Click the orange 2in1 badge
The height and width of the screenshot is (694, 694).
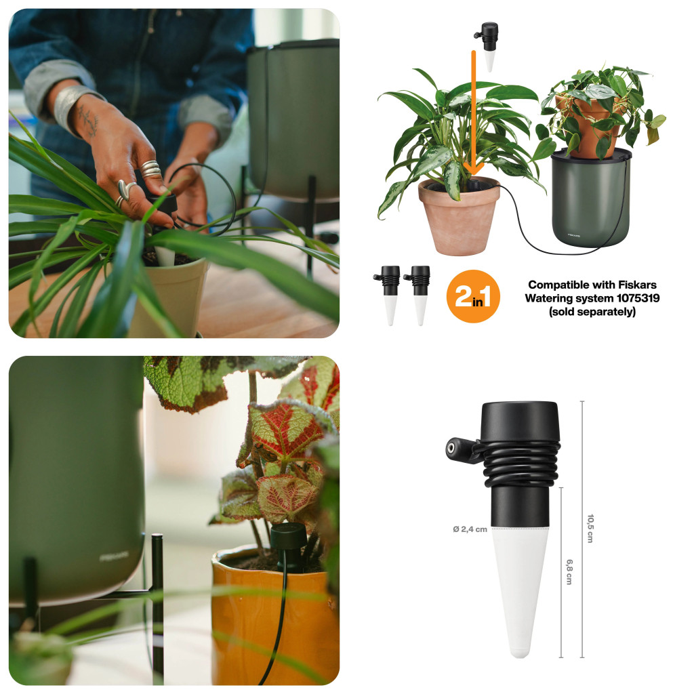click(x=472, y=296)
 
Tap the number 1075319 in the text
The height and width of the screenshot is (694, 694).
click(x=638, y=298)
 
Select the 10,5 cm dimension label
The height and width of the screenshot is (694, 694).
click(x=590, y=529)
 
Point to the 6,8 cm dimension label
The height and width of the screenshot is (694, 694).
click(x=569, y=572)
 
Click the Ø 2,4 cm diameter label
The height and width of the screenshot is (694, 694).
click(x=470, y=529)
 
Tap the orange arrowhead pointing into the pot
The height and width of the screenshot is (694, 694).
click(x=473, y=169)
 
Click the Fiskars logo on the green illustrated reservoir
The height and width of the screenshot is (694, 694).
click(x=574, y=235)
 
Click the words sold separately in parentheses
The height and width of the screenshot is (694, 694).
click(x=592, y=312)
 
